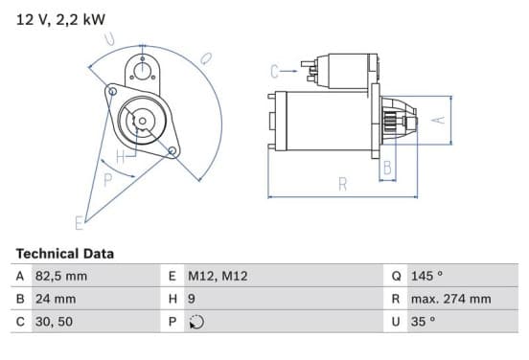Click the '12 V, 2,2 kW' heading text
(x=60, y=19)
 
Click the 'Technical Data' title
(x=65, y=254)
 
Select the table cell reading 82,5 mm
(x=61, y=276)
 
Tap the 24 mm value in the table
(x=56, y=299)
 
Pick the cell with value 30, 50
(x=54, y=322)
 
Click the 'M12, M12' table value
(x=218, y=276)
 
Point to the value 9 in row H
(x=192, y=299)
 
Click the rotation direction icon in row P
(x=196, y=322)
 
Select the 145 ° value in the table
(x=426, y=276)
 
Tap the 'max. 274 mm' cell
(x=450, y=299)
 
